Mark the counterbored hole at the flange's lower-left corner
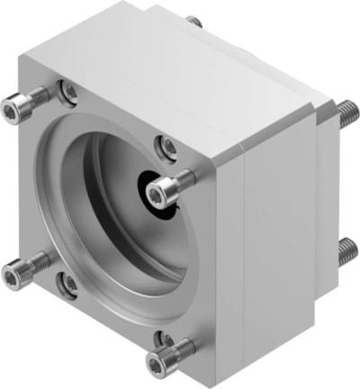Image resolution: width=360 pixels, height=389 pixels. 67,284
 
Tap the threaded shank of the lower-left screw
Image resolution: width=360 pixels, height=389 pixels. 38,262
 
